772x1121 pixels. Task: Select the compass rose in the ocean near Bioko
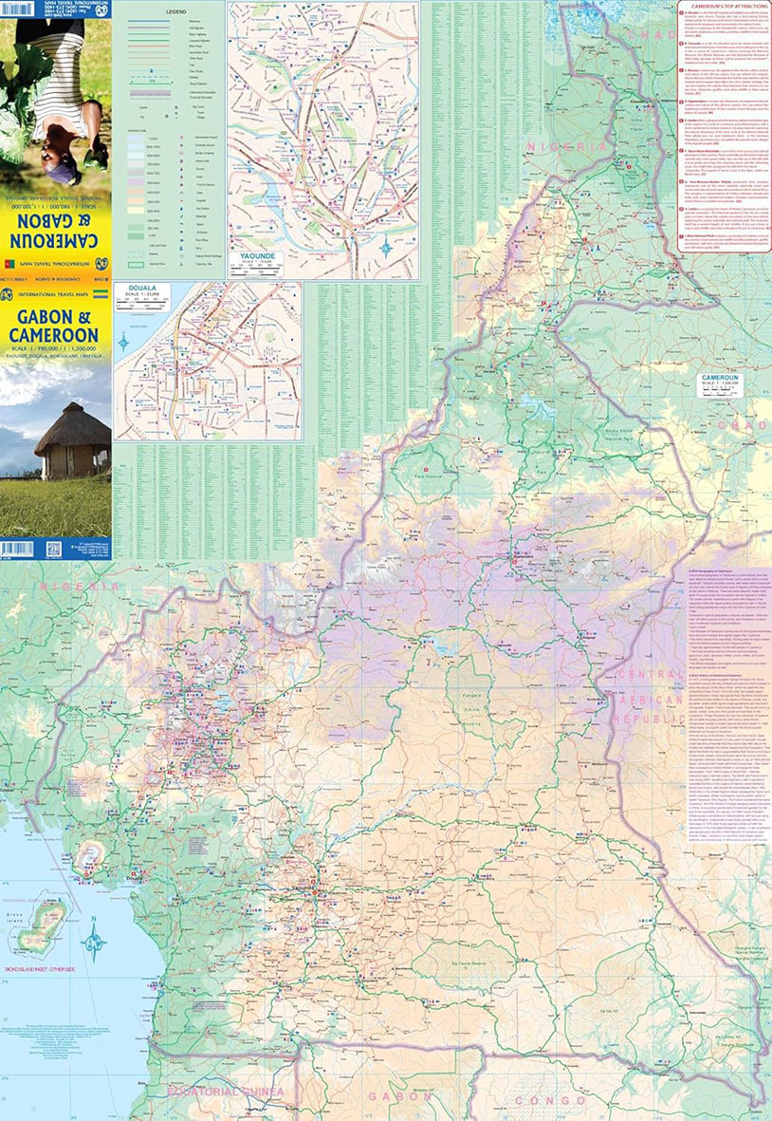click(94, 943)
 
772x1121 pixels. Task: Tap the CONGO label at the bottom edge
click(559, 1100)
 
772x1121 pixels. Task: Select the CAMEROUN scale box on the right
click(724, 381)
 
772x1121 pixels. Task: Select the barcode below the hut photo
click(17, 549)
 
